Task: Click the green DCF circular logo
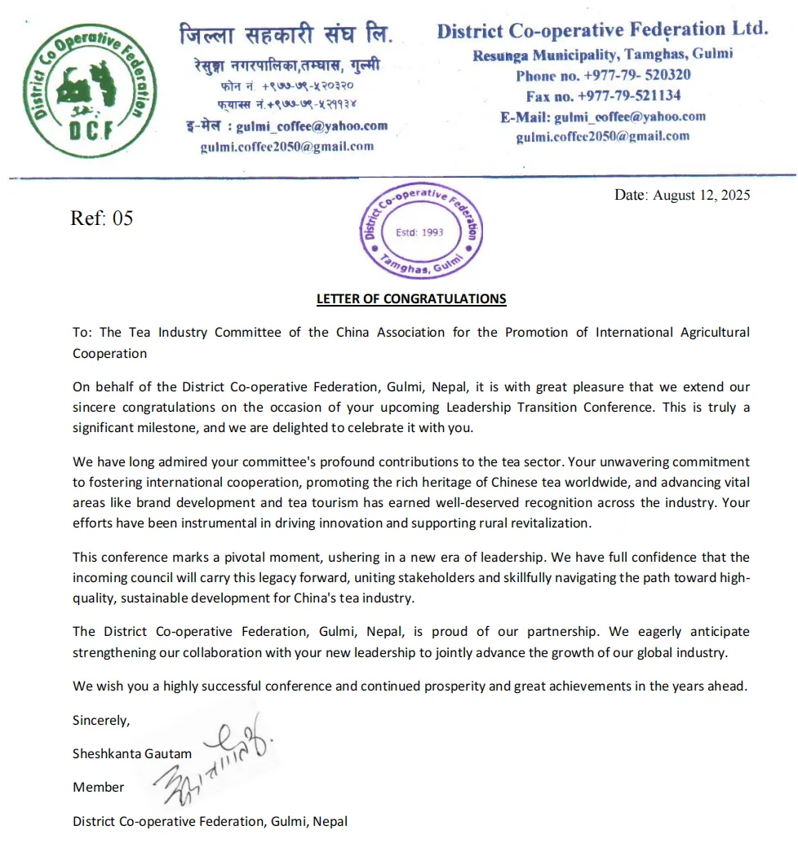87,91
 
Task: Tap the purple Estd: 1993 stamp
420,232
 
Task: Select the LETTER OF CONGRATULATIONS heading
411,298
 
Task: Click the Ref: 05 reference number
102,218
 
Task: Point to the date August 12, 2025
682,195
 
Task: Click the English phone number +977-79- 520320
603,75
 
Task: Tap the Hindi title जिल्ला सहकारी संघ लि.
286,35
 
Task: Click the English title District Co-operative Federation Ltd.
602,31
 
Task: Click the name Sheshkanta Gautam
132,753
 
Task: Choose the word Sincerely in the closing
101,720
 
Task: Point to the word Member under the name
99,787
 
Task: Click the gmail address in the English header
602,137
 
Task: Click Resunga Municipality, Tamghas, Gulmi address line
602,55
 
